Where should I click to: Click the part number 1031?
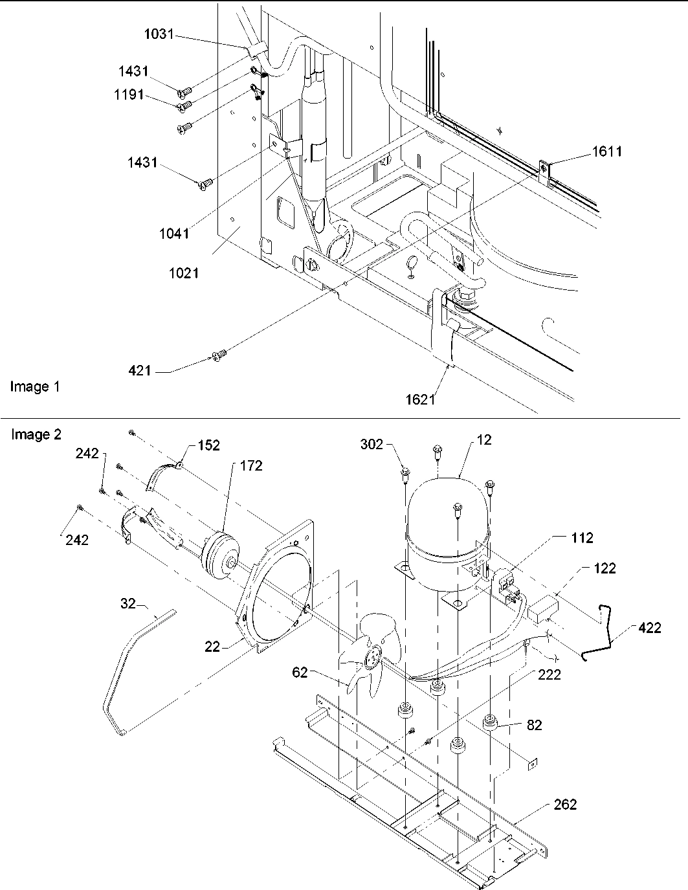pos(158,34)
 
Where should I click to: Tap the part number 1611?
pos(606,151)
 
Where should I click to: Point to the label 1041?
pos(174,233)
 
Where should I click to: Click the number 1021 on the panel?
pos(184,273)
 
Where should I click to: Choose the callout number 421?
pos(140,370)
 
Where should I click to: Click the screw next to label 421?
pos(219,354)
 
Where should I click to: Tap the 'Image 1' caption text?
pos(35,387)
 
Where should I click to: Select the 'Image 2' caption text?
pos(36,434)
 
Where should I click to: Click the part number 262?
pos(564,805)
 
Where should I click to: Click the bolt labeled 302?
pos(404,478)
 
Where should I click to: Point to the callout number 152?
pos(208,445)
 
